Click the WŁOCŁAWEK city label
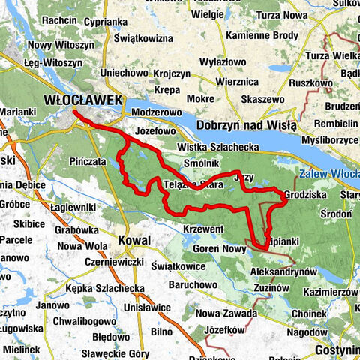click(x=77, y=100)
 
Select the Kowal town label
click(x=134, y=239)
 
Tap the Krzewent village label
click(x=203, y=228)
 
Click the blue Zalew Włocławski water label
click(x=329, y=172)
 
